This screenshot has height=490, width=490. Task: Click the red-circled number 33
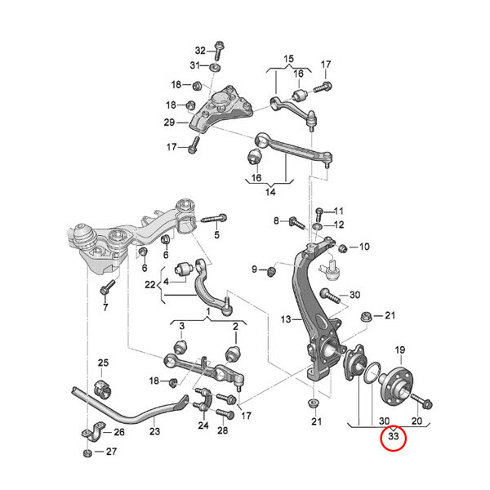coord(394,437)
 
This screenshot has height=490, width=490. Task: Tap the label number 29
coord(170,122)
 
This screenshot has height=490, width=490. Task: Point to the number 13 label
coord(286,319)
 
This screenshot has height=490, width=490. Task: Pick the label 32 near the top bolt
coord(201,51)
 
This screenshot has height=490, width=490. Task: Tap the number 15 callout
coord(287,59)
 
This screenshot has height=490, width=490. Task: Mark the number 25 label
coord(103,363)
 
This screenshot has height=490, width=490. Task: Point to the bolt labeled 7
coord(105,287)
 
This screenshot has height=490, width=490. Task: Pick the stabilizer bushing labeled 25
coord(102,383)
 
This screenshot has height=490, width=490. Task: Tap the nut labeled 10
coord(343,247)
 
